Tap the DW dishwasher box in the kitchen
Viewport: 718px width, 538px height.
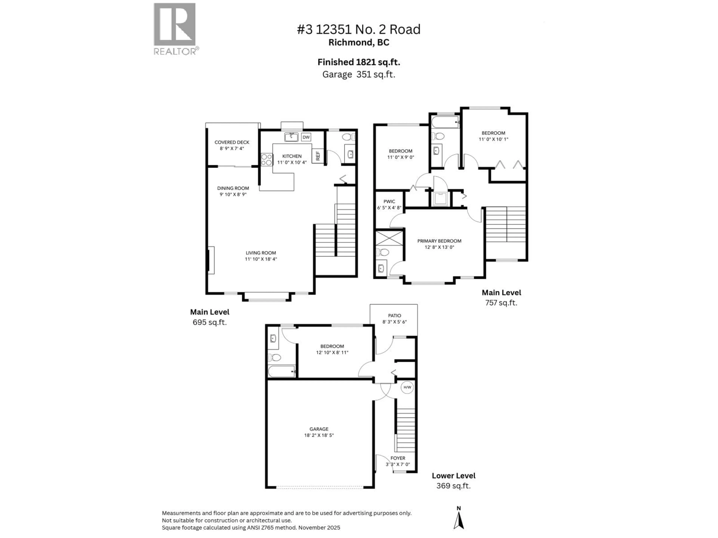click(x=306, y=137)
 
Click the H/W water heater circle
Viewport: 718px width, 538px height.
click(x=407, y=387)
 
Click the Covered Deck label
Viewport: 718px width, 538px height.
click(x=232, y=142)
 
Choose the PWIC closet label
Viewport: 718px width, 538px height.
click(x=389, y=201)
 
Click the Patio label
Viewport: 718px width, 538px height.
click(x=394, y=316)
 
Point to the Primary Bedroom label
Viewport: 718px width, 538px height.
click(x=439, y=241)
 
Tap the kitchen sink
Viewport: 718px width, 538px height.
click(x=291, y=137)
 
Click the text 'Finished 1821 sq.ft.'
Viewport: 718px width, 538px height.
click(x=359, y=62)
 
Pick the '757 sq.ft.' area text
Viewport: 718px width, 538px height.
click(x=501, y=303)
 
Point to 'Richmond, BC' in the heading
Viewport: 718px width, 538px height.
click(x=359, y=42)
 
